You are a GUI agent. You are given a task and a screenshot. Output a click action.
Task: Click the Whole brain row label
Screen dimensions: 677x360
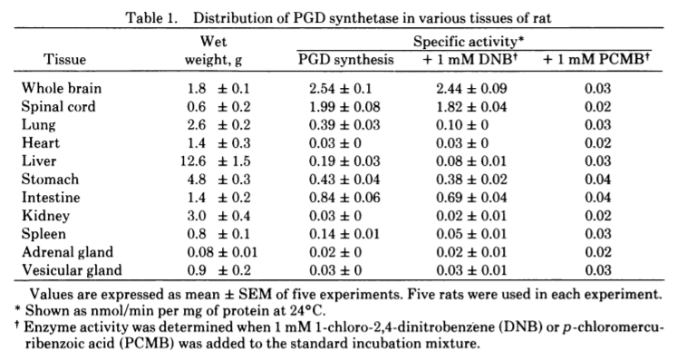pyautogui.click(x=62, y=89)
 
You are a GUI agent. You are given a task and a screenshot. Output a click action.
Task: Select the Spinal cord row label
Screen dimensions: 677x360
pyautogui.click(x=58, y=107)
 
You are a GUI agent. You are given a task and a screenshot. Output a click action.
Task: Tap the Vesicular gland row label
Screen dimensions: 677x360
pyautogui.click(x=72, y=270)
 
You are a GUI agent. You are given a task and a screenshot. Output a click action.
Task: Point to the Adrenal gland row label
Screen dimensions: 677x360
pyautogui.click(x=67, y=252)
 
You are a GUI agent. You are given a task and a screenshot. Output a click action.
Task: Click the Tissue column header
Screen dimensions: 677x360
pyautogui.click(x=64, y=59)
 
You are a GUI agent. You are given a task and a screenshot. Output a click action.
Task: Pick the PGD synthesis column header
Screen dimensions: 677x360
pyautogui.click(x=346, y=59)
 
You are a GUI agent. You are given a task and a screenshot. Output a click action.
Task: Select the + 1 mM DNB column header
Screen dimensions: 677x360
pyautogui.click(x=470, y=59)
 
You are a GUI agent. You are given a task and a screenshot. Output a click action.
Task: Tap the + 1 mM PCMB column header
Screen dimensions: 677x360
pyautogui.click(x=596, y=59)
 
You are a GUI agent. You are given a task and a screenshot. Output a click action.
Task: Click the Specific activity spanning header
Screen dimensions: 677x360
pyautogui.click(x=469, y=42)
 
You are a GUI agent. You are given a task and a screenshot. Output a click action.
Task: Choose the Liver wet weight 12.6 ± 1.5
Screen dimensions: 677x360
pyautogui.click(x=216, y=161)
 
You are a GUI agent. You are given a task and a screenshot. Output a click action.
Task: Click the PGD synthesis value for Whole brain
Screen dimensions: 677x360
pyautogui.click(x=340, y=89)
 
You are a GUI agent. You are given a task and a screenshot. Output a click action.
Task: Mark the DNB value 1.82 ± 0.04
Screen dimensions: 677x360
pyautogui.click(x=471, y=107)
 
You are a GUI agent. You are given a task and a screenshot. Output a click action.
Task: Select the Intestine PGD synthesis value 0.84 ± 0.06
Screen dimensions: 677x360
pyautogui.click(x=344, y=198)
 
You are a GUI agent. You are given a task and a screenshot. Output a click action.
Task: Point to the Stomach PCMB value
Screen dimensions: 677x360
pyautogui.click(x=598, y=180)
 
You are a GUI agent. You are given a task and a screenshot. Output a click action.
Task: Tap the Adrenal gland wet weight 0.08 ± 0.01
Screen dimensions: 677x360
pyautogui.click(x=222, y=252)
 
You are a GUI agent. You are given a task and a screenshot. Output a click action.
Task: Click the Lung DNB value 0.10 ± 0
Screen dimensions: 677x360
pyautogui.click(x=462, y=125)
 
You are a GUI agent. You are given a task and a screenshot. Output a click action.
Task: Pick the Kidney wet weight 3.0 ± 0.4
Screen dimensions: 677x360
pyautogui.click(x=218, y=216)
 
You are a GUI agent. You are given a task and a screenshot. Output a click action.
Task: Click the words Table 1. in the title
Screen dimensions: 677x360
pyautogui.click(x=151, y=18)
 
